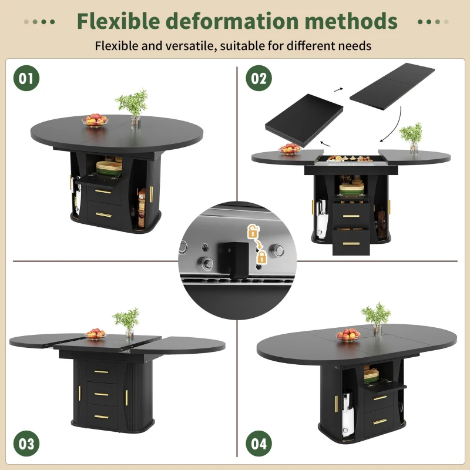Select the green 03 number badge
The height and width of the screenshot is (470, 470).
click(26, 444)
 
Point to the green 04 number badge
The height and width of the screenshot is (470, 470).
click(259, 444)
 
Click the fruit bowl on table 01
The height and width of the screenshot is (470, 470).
click(95, 120)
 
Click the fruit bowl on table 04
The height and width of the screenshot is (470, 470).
click(348, 334)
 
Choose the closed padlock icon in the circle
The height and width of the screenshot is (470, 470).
click(261, 257)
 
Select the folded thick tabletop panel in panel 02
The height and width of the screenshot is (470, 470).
click(304, 122)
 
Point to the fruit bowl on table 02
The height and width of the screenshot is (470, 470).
click(290, 149)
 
